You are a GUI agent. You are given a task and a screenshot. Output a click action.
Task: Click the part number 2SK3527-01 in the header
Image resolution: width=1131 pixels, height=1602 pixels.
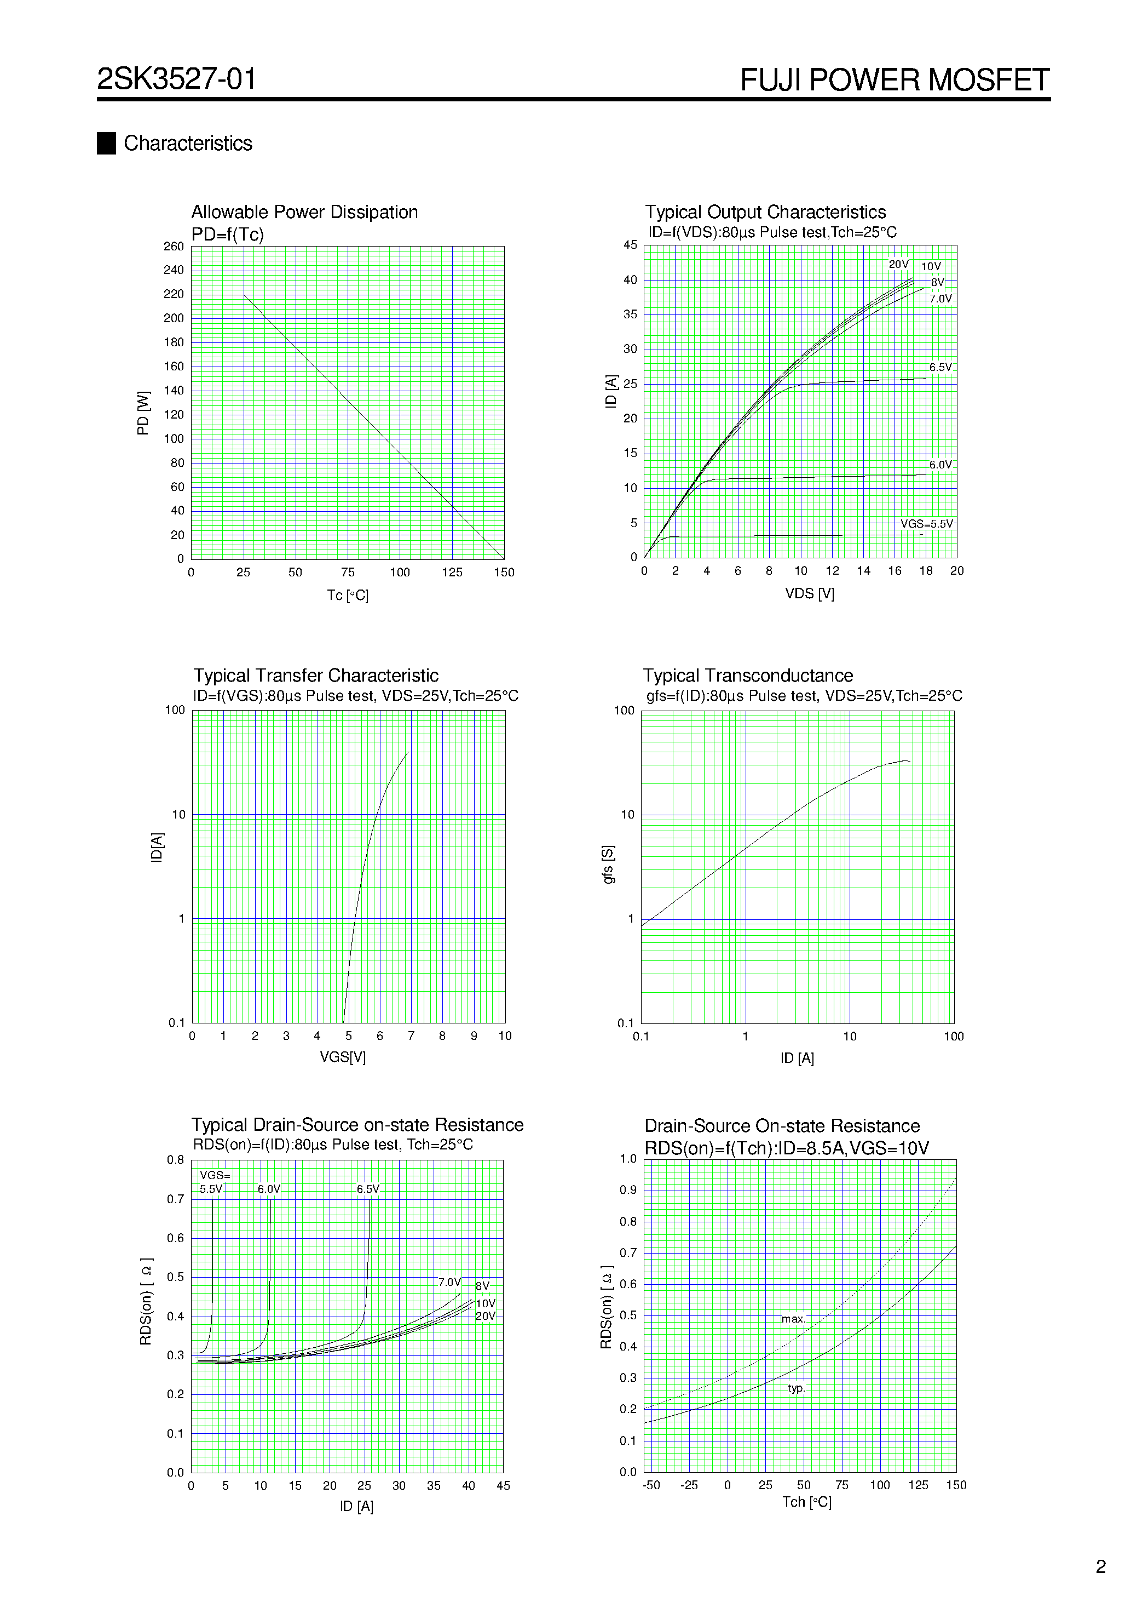(x=176, y=79)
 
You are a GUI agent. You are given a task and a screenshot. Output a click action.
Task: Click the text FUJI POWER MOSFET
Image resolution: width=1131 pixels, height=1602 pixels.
(x=894, y=80)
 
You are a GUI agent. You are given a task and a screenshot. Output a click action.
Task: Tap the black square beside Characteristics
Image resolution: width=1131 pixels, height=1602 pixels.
(x=106, y=143)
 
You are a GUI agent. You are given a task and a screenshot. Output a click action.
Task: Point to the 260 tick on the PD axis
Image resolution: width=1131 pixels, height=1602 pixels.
(x=174, y=247)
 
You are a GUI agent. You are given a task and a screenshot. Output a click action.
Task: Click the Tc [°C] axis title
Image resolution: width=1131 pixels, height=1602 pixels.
(x=347, y=595)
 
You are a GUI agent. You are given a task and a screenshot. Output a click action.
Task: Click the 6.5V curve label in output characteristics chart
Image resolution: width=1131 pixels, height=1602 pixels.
(x=940, y=367)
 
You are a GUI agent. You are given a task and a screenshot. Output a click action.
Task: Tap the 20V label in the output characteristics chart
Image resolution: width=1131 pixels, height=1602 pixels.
(x=898, y=265)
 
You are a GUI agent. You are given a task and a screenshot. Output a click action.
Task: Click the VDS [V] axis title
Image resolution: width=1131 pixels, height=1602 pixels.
(x=809, y=594)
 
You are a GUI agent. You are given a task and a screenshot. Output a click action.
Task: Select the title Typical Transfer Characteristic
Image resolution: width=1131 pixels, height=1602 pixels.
(x=316, y=676)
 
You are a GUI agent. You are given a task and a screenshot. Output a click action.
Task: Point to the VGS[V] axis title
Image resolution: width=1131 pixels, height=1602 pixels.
(x=342, y=1057)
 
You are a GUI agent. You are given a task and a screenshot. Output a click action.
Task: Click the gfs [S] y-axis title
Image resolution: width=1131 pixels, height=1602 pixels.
(x=608, y=865)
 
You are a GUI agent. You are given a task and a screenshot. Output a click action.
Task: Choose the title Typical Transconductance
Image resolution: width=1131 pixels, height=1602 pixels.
(x=747, y=676)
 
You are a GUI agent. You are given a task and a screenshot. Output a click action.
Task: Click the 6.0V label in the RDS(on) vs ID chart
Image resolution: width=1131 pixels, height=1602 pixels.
(x=268, y=1189)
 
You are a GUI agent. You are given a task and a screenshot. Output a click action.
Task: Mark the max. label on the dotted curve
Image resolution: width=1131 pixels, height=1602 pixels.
(x=793, y=1319)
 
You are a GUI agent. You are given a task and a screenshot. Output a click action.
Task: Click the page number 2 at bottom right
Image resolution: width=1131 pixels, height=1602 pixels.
(x=1100, y=1566)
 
